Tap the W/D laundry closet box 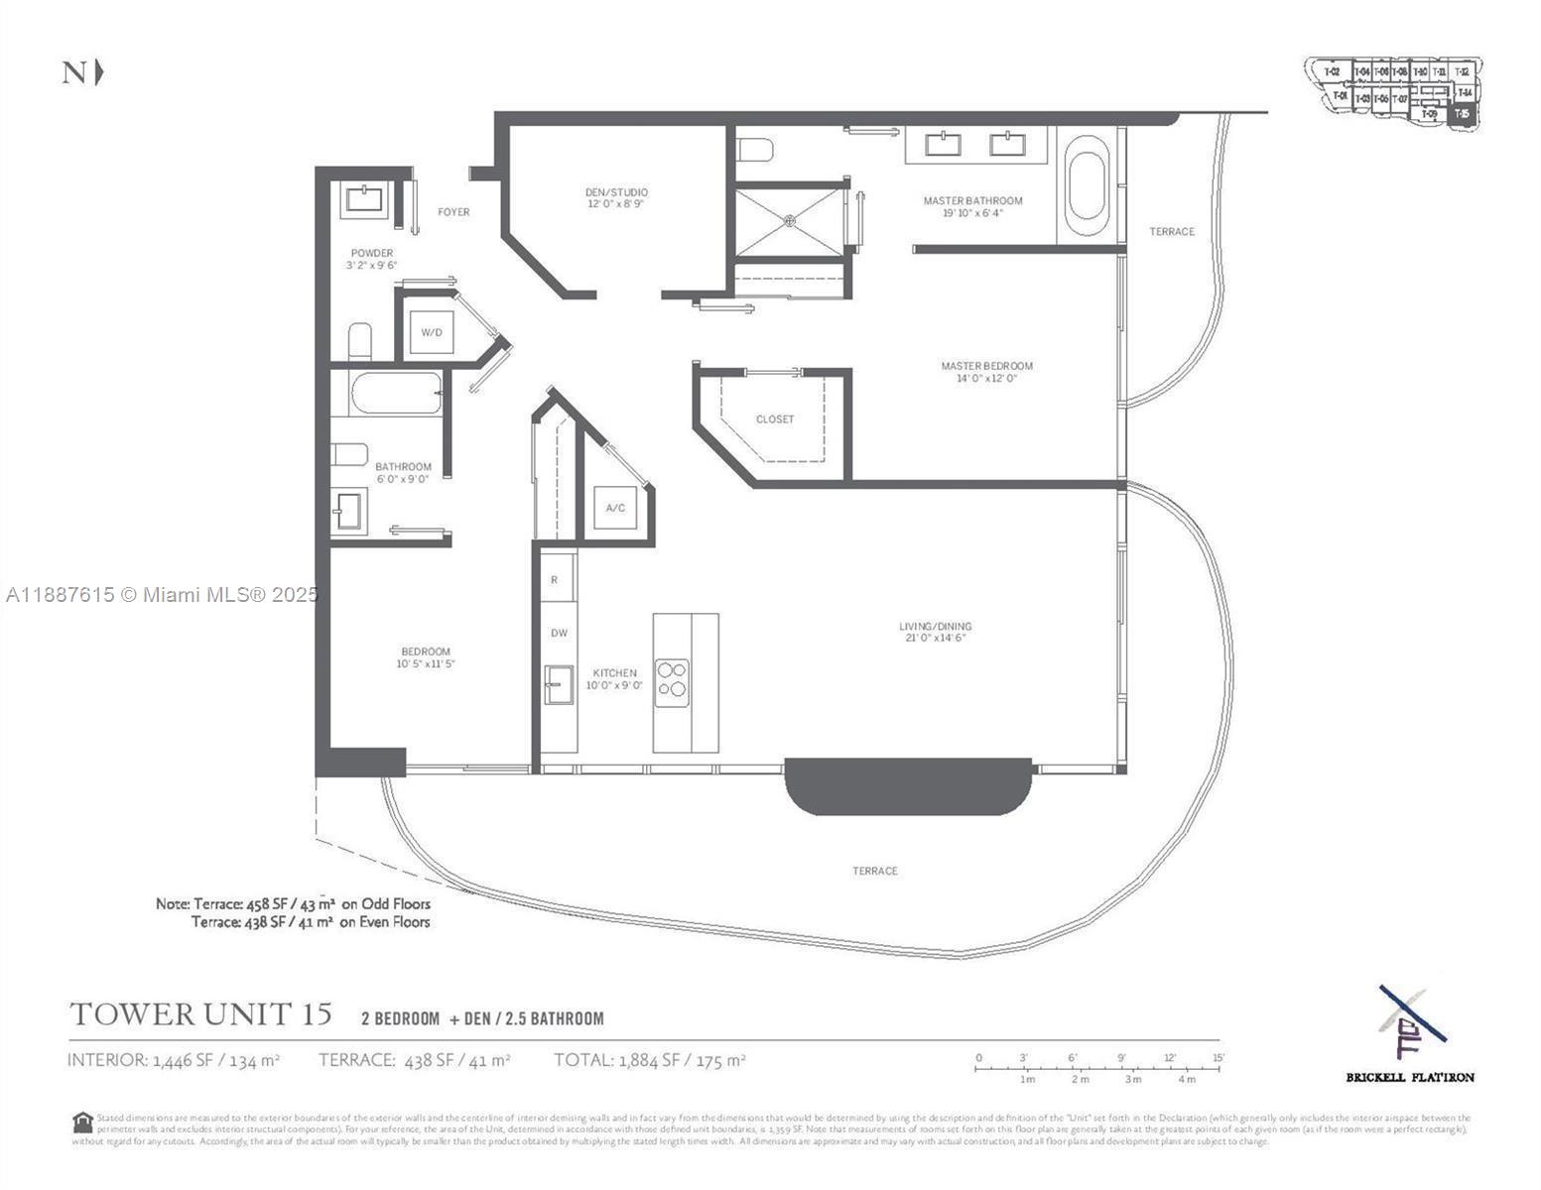[431, 331]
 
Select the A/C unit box [615, 508]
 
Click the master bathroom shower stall [789, 219]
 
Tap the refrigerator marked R [555, 580]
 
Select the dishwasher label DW [559, 633]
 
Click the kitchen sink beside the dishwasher [559, 685]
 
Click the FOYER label [453, 211]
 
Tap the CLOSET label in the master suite [775, 419]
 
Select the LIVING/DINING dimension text [935, 638]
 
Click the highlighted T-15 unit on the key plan [1462, 114]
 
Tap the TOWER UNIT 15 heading [200, 1014]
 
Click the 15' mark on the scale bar [1218, 1058]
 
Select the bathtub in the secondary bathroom [395, 394]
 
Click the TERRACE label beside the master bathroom [1172, 231]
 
